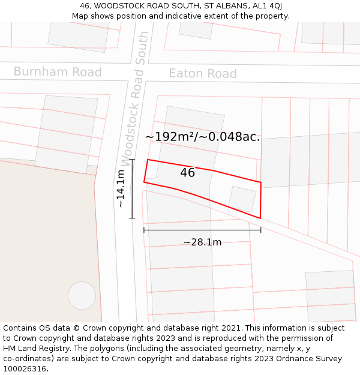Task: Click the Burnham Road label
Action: (x=58, y=72)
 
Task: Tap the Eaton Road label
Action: (x=202, y=74)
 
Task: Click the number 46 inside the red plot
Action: (x=187, y=173)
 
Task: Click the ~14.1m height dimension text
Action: (x=121, y=188)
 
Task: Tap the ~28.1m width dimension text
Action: (x=202, y=242)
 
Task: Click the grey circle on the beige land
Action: (x=82, y=295)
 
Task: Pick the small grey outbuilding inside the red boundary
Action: (x=242, y=199)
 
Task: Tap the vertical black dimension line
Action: (x=133, y=188)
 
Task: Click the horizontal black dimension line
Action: (x=202, y=230)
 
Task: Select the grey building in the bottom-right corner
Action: (x=331, y=296)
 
